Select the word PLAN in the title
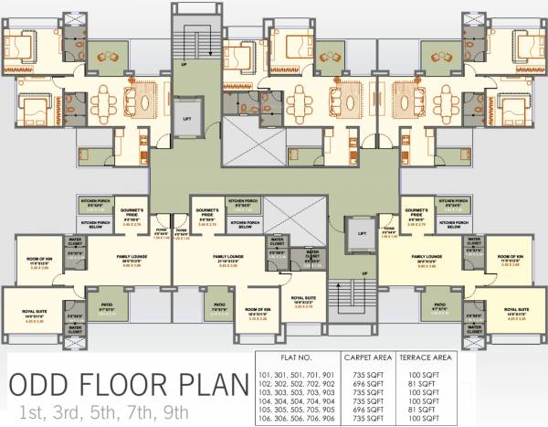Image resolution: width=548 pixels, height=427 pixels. tap(213, 383)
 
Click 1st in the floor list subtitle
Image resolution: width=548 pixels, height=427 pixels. tap(31, 411)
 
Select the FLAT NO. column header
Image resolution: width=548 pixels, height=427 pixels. tap(297, 358)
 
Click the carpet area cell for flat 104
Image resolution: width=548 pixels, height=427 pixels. tap(368, 400)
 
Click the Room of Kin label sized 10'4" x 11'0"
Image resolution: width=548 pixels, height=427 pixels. tap(257, 312)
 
